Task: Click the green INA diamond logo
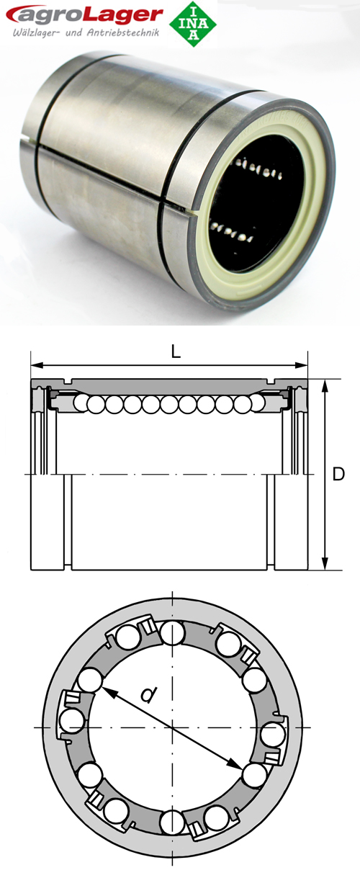point(192,23)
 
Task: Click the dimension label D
point(338,475)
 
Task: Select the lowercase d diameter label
point(148,694)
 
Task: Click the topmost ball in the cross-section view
point(172,635)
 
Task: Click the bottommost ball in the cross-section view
point(172,820)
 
